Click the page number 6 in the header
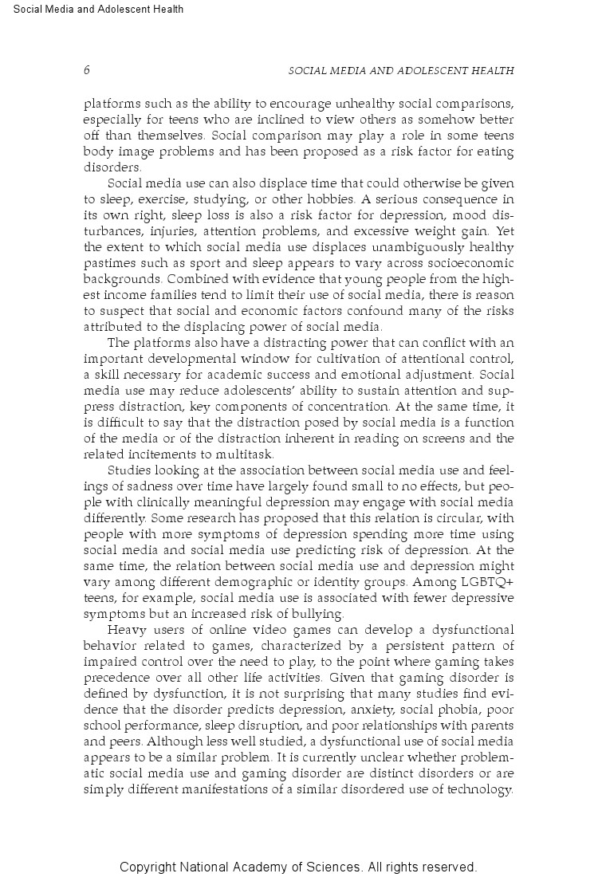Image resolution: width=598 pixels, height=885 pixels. click(86, 70)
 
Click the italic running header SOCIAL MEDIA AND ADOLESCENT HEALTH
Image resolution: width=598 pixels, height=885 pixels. click(400, 71)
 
